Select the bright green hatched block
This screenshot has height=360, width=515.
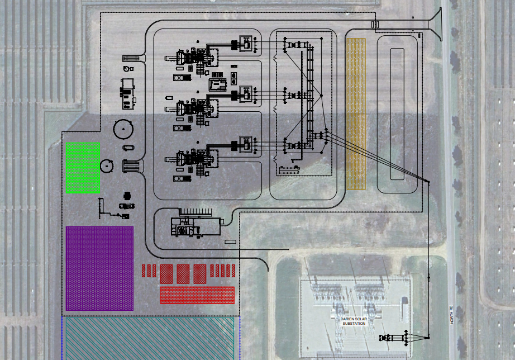click(83, 168)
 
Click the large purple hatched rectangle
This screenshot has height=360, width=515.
click(99, 268)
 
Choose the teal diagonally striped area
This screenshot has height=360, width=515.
click(150, 338)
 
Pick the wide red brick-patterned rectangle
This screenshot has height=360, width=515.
click(197, 295)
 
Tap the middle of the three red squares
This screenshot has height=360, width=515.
click(183, 273)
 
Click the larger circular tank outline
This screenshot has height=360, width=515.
click(123, 129)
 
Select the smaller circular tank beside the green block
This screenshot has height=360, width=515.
click(107, 165)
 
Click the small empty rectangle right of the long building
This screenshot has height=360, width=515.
click(230, 242)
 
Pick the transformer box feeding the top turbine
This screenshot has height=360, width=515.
click(245, 43)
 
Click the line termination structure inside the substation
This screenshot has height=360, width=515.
click(394, 338)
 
